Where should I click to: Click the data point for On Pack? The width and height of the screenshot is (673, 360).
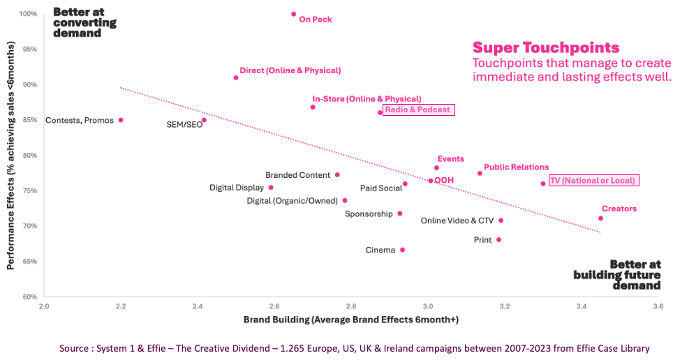point(293,14)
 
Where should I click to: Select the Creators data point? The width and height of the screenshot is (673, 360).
point(600,218)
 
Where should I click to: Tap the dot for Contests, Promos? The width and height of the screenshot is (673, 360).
point(121,120)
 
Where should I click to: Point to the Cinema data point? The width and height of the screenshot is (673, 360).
point(402,250)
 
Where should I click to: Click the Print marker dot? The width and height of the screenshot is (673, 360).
point(498,240)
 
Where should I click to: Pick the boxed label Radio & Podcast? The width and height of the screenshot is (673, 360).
point(418,110)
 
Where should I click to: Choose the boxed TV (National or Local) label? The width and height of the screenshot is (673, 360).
point(593,181)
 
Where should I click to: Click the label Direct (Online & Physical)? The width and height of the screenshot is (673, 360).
point(290,70)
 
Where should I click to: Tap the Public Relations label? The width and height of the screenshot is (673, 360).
point(516,167)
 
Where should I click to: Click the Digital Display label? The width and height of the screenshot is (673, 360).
point(237,188)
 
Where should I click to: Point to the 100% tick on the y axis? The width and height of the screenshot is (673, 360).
point(29,14)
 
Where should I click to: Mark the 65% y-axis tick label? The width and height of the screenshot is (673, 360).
point(30,262)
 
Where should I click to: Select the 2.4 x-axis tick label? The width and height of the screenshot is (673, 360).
point(198,306)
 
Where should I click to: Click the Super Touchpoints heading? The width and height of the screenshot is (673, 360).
point(545,47)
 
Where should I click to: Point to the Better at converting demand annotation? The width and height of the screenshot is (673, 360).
point(84,22)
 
